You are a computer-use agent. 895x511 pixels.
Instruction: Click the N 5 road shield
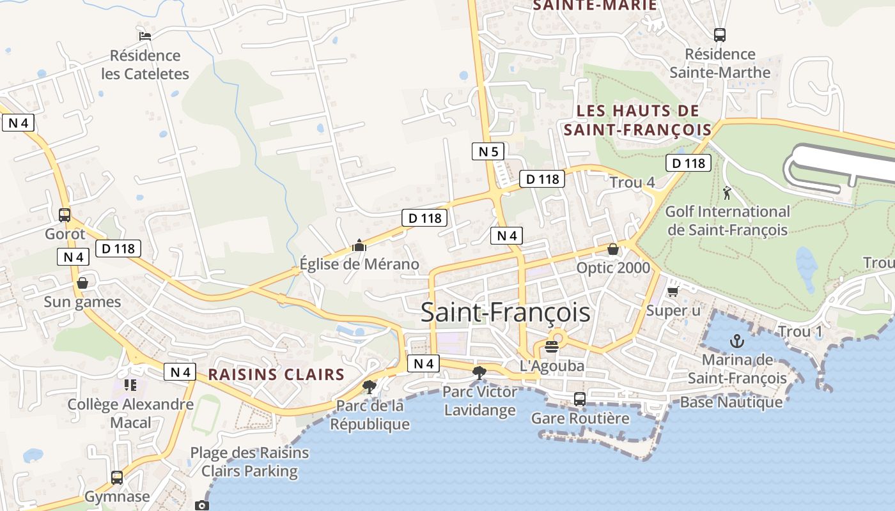(x=488, y=151)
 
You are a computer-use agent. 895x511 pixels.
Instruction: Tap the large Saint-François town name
(x=505, y=313)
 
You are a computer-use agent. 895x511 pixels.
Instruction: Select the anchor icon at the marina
(x=737, y=340)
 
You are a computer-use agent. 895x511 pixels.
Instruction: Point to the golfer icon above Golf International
(x=727, y=192)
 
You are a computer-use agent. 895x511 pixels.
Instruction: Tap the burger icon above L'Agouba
(x=552, y=347)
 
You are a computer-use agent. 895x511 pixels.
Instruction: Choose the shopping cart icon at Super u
(x=672, y=292)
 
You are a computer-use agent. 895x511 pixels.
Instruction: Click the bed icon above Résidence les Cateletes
(x=145, y=36)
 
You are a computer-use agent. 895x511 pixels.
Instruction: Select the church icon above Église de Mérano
(x=359, y=245)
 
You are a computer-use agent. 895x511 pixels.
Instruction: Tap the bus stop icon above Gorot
(x=65, y=215)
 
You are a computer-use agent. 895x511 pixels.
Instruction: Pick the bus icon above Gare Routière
(x=580, y=399)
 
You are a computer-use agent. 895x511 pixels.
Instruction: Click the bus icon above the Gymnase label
(x=117, y=477)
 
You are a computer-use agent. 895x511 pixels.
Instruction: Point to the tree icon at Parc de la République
(x=369, y=386)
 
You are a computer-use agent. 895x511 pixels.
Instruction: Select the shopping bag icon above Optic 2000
(x=612, y=249)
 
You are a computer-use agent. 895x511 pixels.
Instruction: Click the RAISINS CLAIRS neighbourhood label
(x=276, y=374)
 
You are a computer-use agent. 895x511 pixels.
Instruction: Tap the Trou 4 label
(x=632, y=182)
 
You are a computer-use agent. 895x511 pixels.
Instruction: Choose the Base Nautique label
(x=731, y=402)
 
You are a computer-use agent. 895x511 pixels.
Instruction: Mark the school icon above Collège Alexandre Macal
(x=130, y=385)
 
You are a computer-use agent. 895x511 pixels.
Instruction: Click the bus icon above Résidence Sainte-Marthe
(x=720, y=35)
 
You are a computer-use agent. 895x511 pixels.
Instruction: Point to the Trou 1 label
(x=800, y=332)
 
